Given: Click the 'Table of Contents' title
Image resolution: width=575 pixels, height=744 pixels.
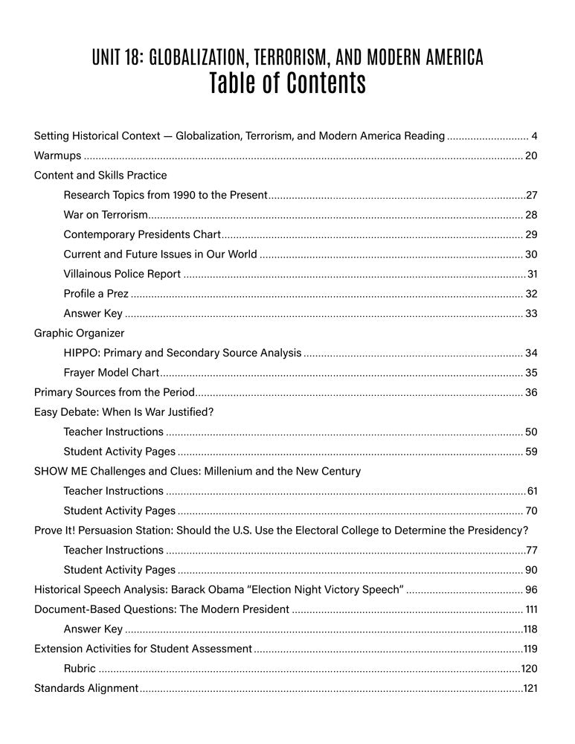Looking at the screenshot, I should tap(287, 83).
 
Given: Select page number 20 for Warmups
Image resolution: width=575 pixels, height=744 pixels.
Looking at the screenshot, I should tap(531, 155).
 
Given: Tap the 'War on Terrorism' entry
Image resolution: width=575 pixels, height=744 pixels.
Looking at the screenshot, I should tap(106, 215).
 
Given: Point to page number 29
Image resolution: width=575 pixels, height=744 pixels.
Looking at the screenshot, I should tap(531, 234).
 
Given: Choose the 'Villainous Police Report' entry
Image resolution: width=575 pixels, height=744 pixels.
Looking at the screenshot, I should tap(122, 274).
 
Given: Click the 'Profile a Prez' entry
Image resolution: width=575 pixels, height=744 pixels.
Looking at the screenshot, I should tap(96, 293).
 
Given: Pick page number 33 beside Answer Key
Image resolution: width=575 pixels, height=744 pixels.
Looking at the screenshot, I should tap(531, 313).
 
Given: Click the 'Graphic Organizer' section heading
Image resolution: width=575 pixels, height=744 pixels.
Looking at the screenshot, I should tap(80, 333).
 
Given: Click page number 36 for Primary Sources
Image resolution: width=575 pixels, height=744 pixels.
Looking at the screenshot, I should tap(531, 392).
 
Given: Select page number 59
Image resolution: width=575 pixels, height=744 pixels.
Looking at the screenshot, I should tap(531, 451).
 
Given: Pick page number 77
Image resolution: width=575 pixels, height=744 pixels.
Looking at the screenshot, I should tap(531, 550).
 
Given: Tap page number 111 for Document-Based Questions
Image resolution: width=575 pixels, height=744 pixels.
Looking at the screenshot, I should tap(531, 609).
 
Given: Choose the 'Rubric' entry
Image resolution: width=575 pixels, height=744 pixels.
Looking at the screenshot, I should tap(80, 668).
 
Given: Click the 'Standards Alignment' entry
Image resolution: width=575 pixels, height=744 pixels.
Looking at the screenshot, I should tap(86, 688).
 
